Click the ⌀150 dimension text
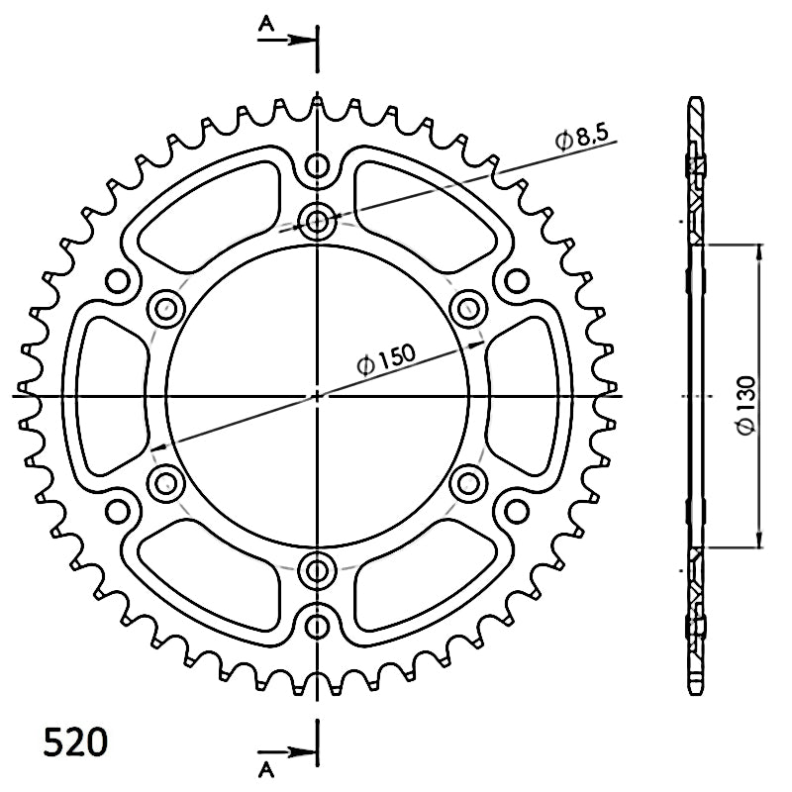click(386, 358)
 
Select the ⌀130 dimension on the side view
click(746, 405)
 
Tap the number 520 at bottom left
click(76, 742)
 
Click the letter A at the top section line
click(266, 23)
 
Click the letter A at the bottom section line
click(266, 770)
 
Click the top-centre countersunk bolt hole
click(317, 221)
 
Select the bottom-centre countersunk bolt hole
click(317, 571)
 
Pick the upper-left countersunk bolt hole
click(165, 309)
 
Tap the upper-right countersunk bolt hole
click(468, 309)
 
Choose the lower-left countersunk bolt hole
click(165, 483)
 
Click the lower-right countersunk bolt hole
click(468, 483)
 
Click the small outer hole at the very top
click(317, 165)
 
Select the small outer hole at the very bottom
click(317, 627)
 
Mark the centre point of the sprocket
click(317, 396)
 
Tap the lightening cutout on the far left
click(113, 396)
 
